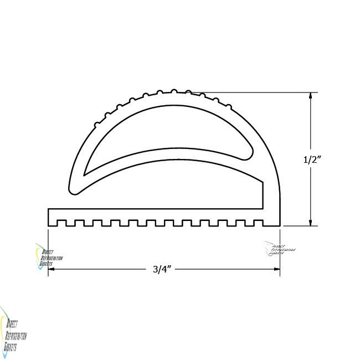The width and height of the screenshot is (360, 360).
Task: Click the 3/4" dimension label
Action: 164,270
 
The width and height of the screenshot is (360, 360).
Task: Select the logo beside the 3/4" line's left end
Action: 48,258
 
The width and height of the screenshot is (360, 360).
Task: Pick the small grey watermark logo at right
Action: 279,250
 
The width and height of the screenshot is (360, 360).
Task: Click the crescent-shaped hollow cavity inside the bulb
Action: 166,136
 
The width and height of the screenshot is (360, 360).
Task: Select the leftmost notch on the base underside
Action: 63,223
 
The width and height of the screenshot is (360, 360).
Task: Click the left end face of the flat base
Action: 49,217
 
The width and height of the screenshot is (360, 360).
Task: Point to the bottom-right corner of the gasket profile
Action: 280,226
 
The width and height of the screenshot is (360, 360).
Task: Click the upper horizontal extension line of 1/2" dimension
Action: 260,92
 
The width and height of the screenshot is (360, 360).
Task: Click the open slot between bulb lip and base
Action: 166,194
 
